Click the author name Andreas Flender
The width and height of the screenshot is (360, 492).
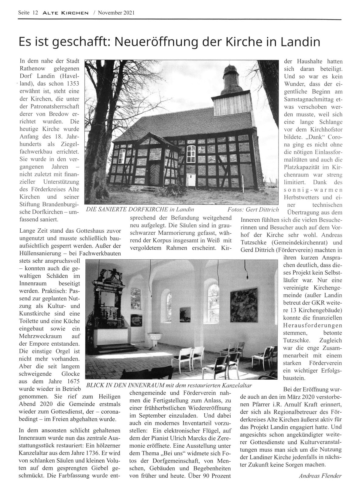(321, 476)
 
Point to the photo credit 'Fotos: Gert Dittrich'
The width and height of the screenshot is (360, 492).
(253, 210)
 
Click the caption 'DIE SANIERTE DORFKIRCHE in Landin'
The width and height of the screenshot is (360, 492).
(140, 210)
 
